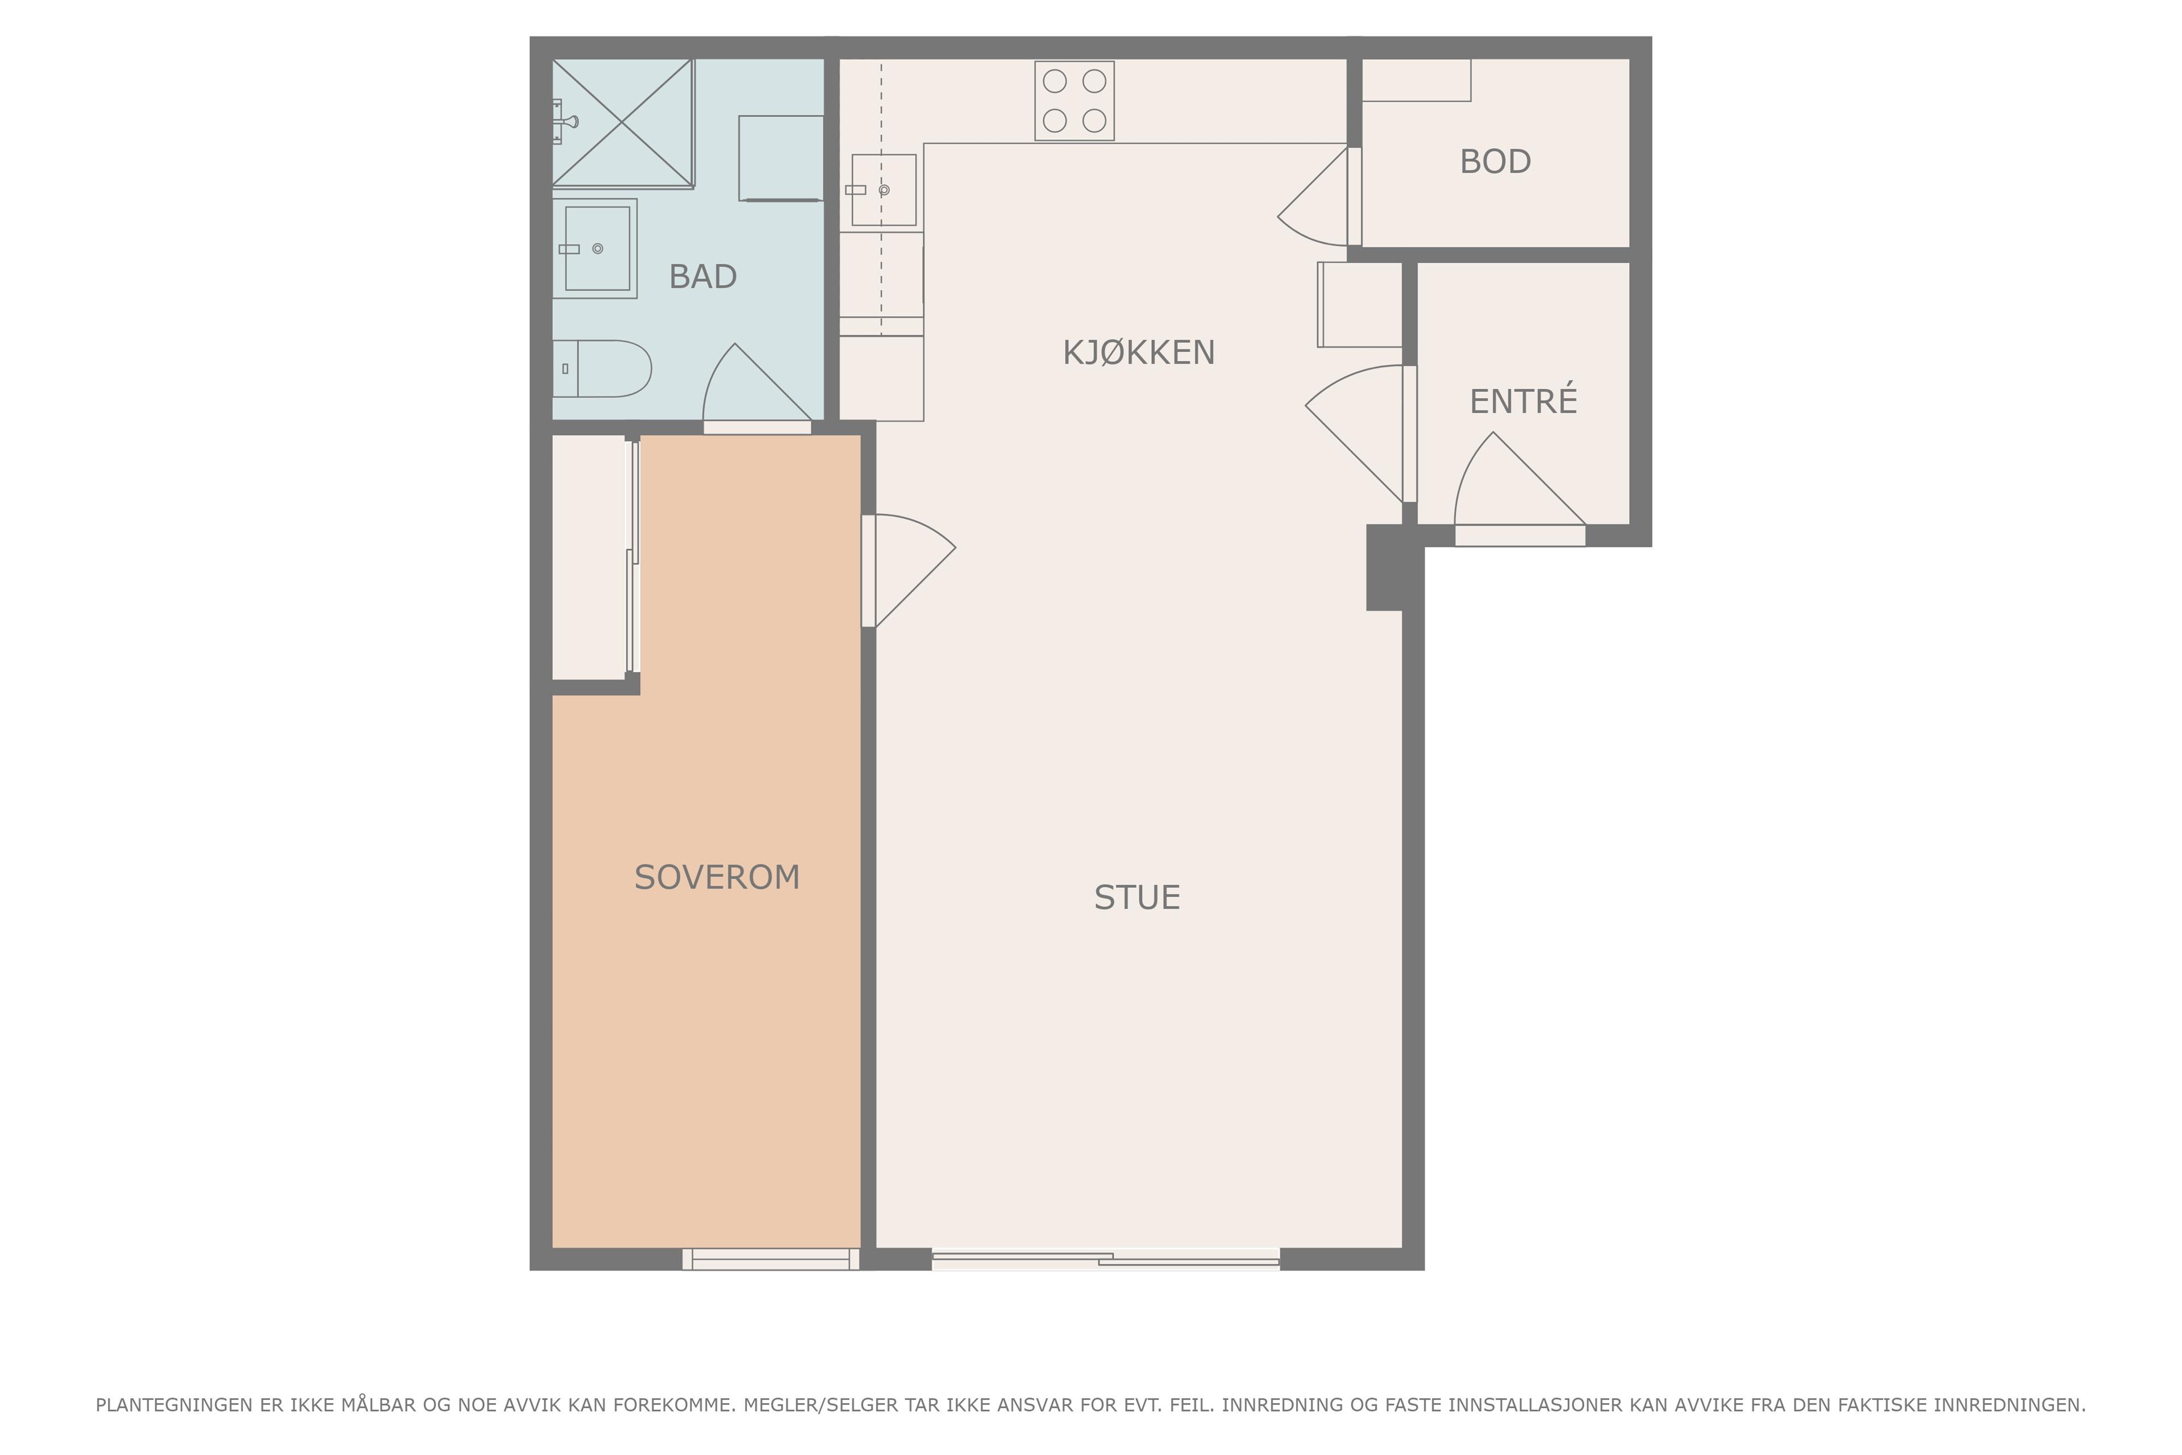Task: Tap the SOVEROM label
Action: (x=717, y=877)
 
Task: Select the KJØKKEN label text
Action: (x=1138, y=352)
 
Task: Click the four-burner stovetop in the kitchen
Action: (x=1075, y=101)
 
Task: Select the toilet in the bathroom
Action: (x=602, y=368)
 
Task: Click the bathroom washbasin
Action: (x=595, y=249)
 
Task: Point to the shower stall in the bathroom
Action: (x=623, y=123)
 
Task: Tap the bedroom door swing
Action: (x=909, y=571)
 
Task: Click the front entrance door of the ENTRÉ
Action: (x=1519, y=489)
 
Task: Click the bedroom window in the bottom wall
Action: (x=771, y=1259)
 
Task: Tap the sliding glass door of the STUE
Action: (x=1106, y=1259)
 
